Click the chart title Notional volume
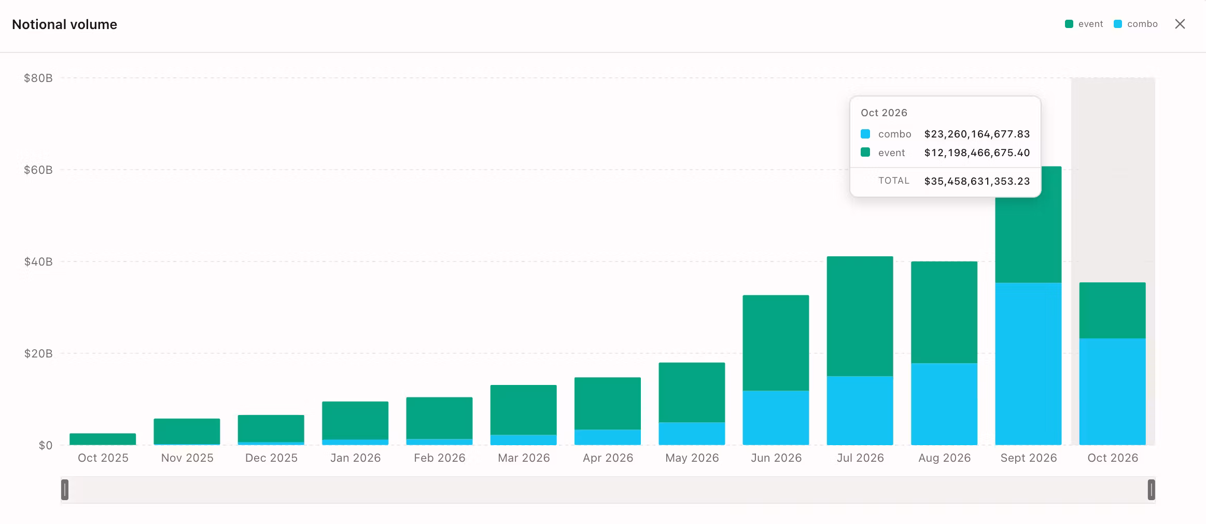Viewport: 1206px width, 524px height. click(x=64, y=24)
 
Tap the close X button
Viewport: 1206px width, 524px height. click(x=1180, y=24)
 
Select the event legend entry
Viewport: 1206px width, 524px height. click(x=1084, y=24)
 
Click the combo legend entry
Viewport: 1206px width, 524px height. click(x=1135, y=24)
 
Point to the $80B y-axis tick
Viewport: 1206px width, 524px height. click(x=38, y=78)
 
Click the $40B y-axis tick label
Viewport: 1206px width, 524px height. click(x=38, y=261)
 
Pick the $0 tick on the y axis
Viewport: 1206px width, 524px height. click(x=46, y=445)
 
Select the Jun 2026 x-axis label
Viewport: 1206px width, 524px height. click(x=776, y=458)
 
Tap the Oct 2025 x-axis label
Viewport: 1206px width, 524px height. click(x=103, y=458)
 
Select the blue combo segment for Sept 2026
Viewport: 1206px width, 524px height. click(x=1028, y=364)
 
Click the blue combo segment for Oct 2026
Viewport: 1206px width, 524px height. click(x=1112, y=392)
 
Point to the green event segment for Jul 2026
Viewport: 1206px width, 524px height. click(x=860, y=316)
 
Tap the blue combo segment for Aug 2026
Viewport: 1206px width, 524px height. click(x=944, y=404)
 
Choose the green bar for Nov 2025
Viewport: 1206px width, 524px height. click(x=187, y=431)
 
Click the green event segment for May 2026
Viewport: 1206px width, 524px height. click(x=692, y=392)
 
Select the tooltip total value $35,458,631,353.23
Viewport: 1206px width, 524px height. click(x=977, y=181)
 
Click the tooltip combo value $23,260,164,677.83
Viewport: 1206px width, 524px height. click(x=977, y=134)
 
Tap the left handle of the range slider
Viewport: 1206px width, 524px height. click(x=65, y=490)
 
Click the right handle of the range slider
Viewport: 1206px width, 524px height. click(x=1151, y=490)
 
